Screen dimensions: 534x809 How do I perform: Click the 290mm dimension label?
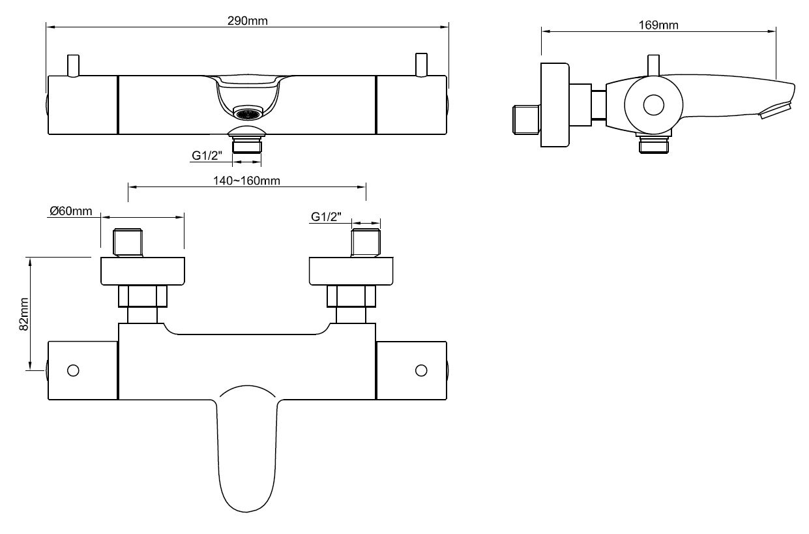(x=248, y=20)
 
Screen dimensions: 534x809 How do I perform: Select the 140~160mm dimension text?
(x=247, y=181)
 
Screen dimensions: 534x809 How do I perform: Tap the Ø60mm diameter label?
(x=71, y=211)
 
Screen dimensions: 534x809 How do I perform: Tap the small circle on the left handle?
(x=73, y=370)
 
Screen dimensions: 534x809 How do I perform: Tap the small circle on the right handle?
(x=421, y=370)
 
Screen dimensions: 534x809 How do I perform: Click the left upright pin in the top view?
(x=74, y=66)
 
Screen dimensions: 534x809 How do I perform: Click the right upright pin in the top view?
(x=422, y=66)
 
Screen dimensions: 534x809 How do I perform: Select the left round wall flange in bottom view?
(x=143, y=271)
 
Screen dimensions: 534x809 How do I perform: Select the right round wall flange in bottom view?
(x=352, y=271)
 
